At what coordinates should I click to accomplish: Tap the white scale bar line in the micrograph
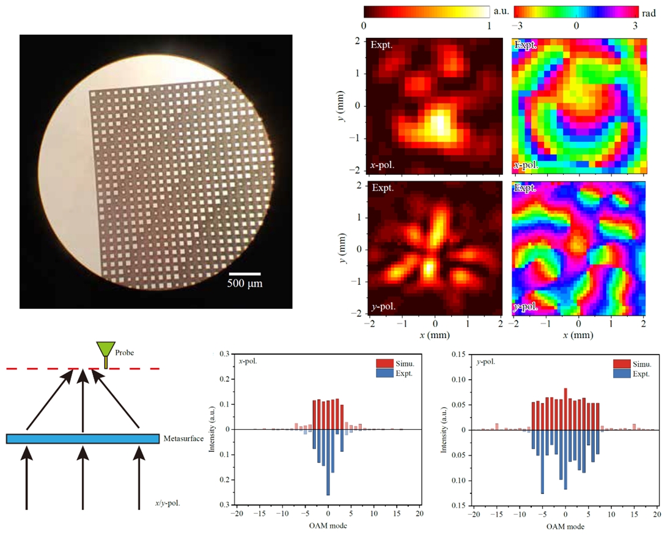coord(246,273)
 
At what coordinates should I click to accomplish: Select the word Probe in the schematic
coord(124,353)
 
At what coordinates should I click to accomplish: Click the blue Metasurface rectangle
coord(83,438)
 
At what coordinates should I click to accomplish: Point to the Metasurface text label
coord(183,438)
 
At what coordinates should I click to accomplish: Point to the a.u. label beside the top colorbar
coord(501,11)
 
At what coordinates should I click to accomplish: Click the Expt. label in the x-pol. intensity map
coord(382,45)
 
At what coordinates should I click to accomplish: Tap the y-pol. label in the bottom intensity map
coord(383,306)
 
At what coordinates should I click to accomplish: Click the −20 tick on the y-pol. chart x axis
coord(473,515)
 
